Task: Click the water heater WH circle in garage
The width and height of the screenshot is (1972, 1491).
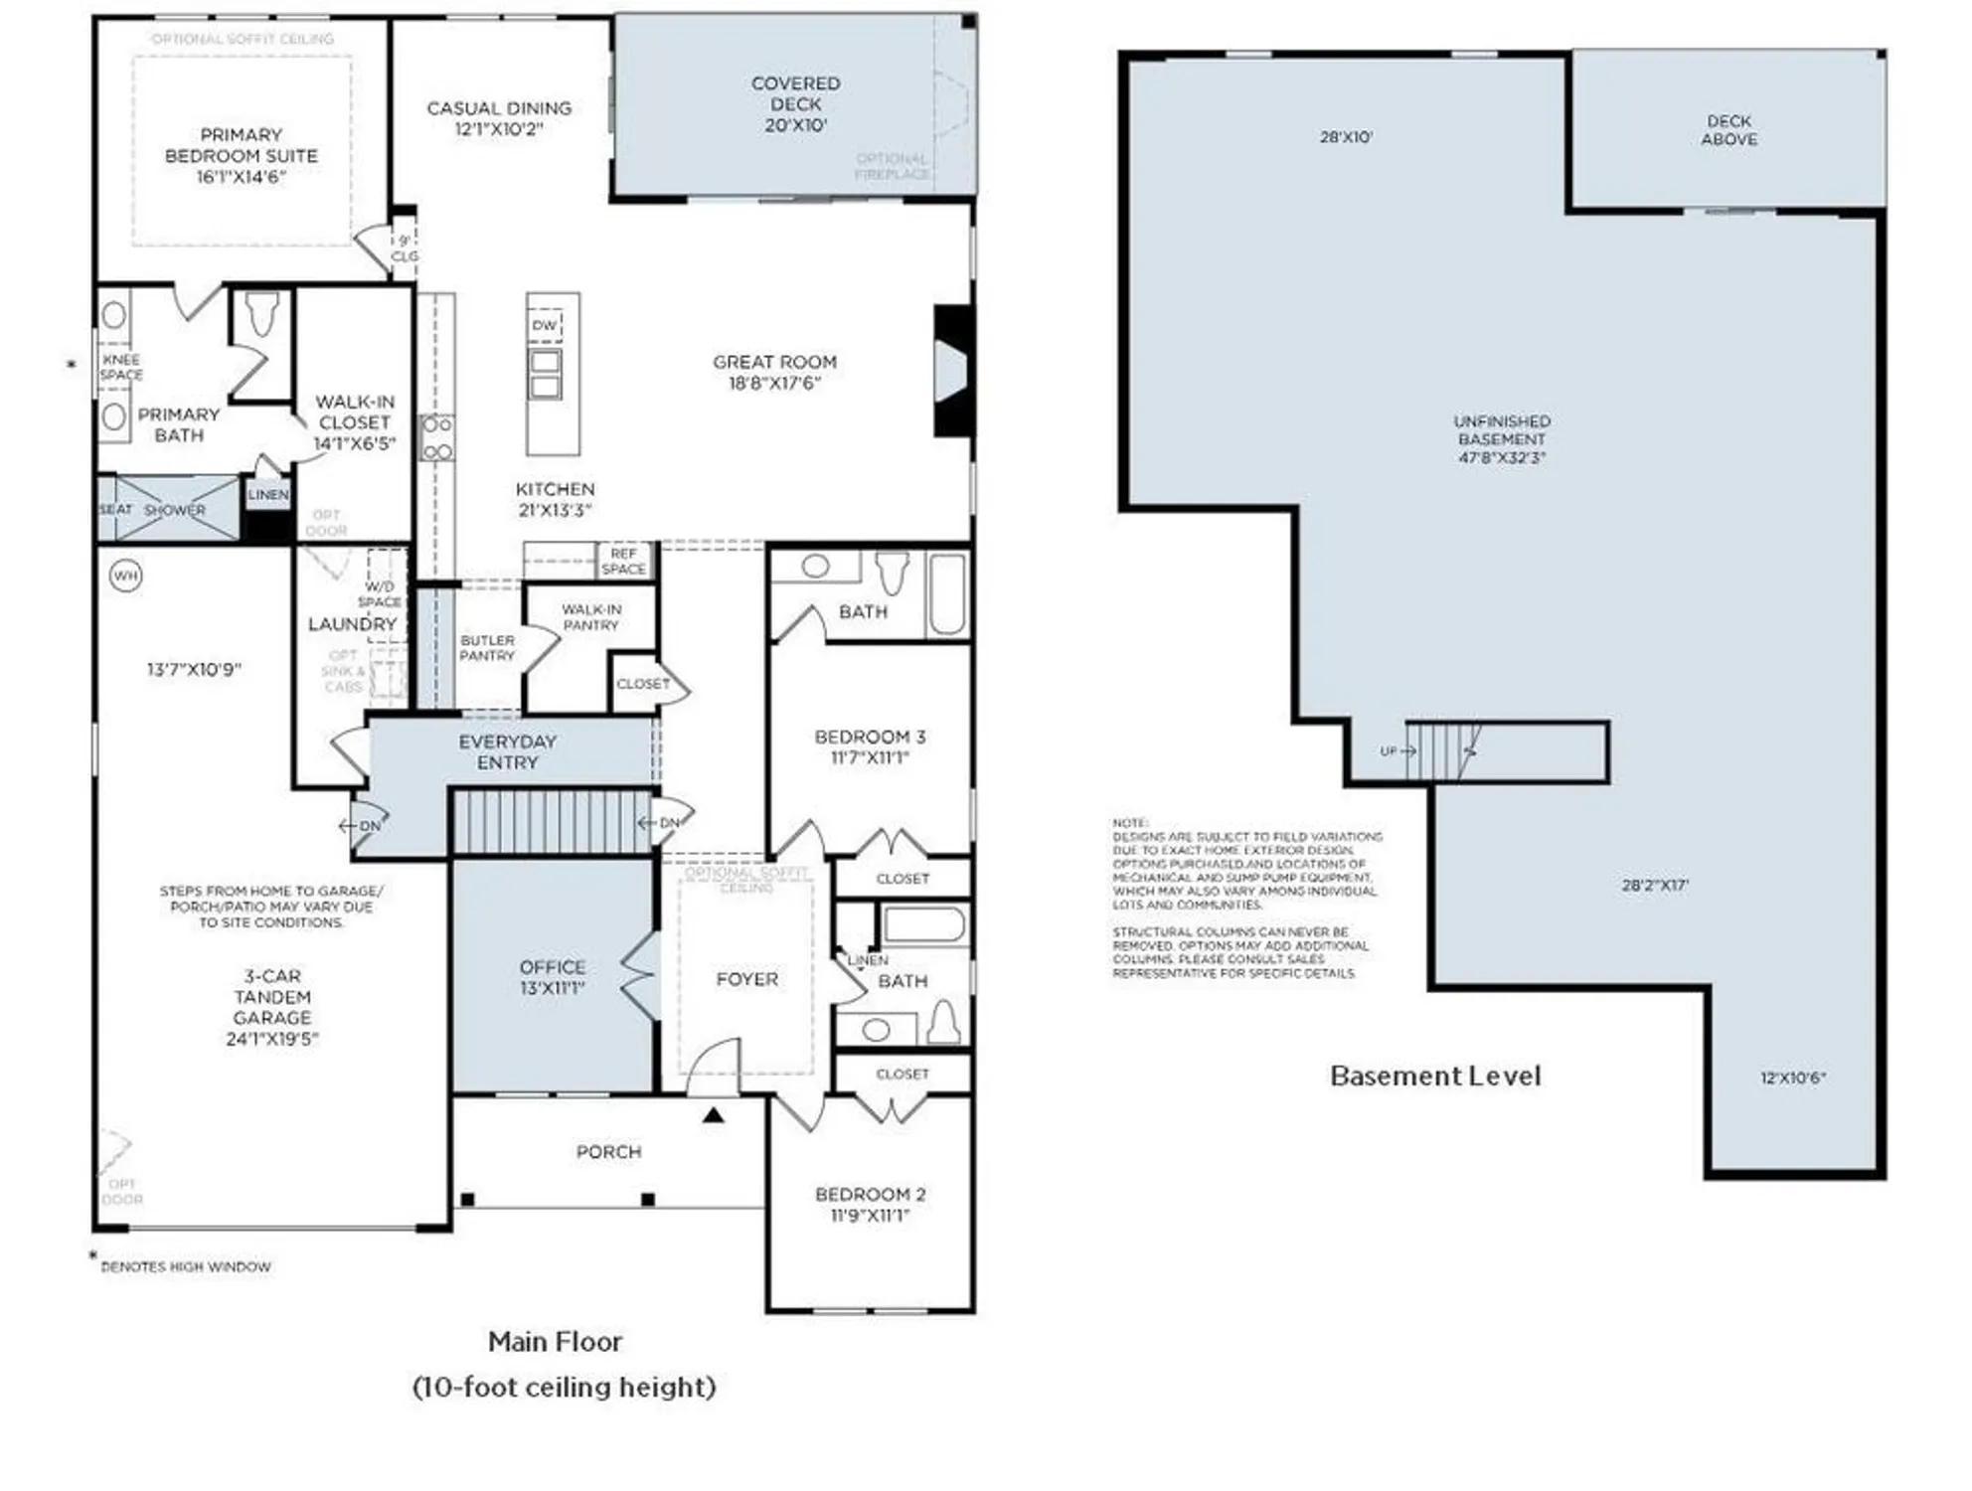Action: pyautogui.click(x=125, y=576)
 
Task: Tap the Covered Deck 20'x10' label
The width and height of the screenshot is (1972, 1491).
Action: pyautogui.click(x=795, y=103)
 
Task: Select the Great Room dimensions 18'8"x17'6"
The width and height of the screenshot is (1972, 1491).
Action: pyautogui.click(x=774, y=384)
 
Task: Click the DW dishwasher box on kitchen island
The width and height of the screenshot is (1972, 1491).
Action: pyautogui.click(x=544, y=325)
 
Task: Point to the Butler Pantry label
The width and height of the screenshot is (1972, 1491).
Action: pyautogui.click(x=487, y=648)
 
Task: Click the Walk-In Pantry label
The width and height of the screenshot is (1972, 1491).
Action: pyautogui.click(x=590, y=617)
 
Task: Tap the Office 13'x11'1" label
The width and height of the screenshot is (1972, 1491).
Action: pyautogui.click(x=552, y=977)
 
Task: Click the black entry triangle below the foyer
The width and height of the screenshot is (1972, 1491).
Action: pyautogui.click(x=713, y=1115)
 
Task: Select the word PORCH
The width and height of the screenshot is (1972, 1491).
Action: pyautogui.click(x=608, y=1152)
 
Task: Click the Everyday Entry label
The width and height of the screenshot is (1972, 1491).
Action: pyautogui.click(x=507, y=752)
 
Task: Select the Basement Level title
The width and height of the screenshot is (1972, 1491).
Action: pyautogui.click(x=1434, y=1077)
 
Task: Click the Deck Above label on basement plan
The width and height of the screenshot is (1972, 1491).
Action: pyautogui.click(x=1728, y=130)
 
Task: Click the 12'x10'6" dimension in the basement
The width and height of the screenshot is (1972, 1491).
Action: pyautogui.click(x=1792, y=1077)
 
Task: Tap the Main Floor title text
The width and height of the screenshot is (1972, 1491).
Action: pyautogui.click(x=555, y=1342)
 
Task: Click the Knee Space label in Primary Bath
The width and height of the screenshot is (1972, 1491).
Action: pyautogui.click(x=121, y=367)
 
